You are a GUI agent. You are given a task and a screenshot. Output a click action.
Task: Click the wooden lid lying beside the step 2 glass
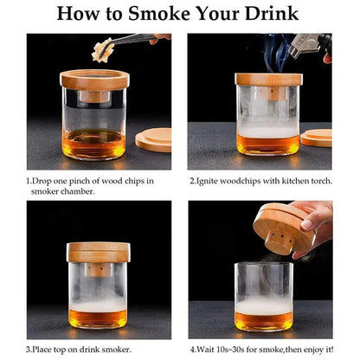click(317, 137)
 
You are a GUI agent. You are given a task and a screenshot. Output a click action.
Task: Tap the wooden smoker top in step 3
click(98, 252)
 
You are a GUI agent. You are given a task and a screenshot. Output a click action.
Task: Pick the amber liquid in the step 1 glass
click(94, 144)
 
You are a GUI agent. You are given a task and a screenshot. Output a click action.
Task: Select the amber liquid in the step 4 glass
click(263, 319)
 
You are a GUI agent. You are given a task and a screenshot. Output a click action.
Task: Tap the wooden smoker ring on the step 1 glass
click(94, 79)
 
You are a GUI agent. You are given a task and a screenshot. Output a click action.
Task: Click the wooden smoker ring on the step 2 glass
click(268, 80)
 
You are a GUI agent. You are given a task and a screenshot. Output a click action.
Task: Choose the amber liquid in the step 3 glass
click(98, 318)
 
